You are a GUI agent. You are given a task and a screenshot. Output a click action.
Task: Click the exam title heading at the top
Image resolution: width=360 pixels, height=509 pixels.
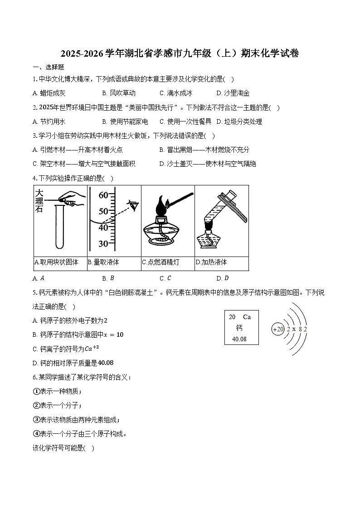[180, 53]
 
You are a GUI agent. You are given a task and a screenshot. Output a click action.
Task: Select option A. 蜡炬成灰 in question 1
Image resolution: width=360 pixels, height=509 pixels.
[49, 93]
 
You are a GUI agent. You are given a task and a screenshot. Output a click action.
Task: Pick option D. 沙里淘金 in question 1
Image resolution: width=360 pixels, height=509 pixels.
[233, 93]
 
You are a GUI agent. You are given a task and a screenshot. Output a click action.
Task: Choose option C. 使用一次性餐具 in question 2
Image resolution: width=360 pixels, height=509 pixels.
[185, 121]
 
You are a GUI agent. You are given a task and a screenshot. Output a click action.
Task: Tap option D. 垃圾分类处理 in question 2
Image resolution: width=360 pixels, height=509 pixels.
[239, 121]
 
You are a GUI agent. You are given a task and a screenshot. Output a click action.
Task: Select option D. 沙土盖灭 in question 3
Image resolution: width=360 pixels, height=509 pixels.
[207, 164]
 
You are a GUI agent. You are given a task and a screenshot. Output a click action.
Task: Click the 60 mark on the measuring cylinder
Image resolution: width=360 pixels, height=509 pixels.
[103, 195]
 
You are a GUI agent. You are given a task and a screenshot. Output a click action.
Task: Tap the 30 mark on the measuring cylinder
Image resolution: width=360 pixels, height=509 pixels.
[103, 244]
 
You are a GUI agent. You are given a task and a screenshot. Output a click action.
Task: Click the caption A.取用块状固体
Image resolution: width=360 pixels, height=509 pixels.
[57, 262]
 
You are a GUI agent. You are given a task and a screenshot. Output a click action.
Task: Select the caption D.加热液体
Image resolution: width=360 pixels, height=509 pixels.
[211, 262]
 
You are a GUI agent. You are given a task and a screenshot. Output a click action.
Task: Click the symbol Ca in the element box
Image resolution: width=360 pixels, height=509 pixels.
[247, 317]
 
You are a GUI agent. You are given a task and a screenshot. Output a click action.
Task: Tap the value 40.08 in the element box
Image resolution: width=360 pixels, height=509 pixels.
[239, 339]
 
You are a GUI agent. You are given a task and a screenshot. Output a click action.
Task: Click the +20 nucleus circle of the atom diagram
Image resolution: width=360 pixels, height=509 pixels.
[277, 329]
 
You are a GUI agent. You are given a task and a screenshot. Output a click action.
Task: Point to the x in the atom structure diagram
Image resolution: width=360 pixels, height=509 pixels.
[294, 329]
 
